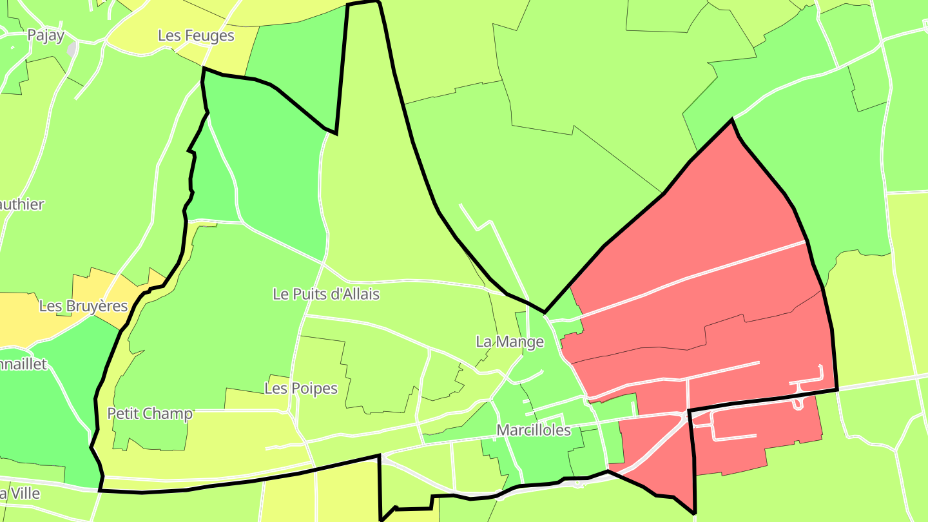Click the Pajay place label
pyautogui.click(x=46, y=35)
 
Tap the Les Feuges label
pyautogui.click(x=196, y=35)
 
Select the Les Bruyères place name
pyautogui.click(x=83, y=305)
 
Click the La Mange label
pyautogui.click(x=510, y=342)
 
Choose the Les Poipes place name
pyautogui.click(x=301, y=389)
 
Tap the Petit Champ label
pyautogui.click(x=150, y=413)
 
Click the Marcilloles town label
pyautogui.click(x=534, y=430)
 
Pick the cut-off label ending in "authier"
pyautogui.click(x=22, y=204)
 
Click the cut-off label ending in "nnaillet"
pyautogui.click(x=24, y=364)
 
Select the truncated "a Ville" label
pyautogui.click(x=20, y=494)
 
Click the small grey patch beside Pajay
pyautogui.click(x=72, y=49)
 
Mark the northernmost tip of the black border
pyautogui.click(x=363, y=3)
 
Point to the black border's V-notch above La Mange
pyautogui.click(x=545, y=313)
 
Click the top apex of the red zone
pyautogui.click(x=731, y=120)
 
